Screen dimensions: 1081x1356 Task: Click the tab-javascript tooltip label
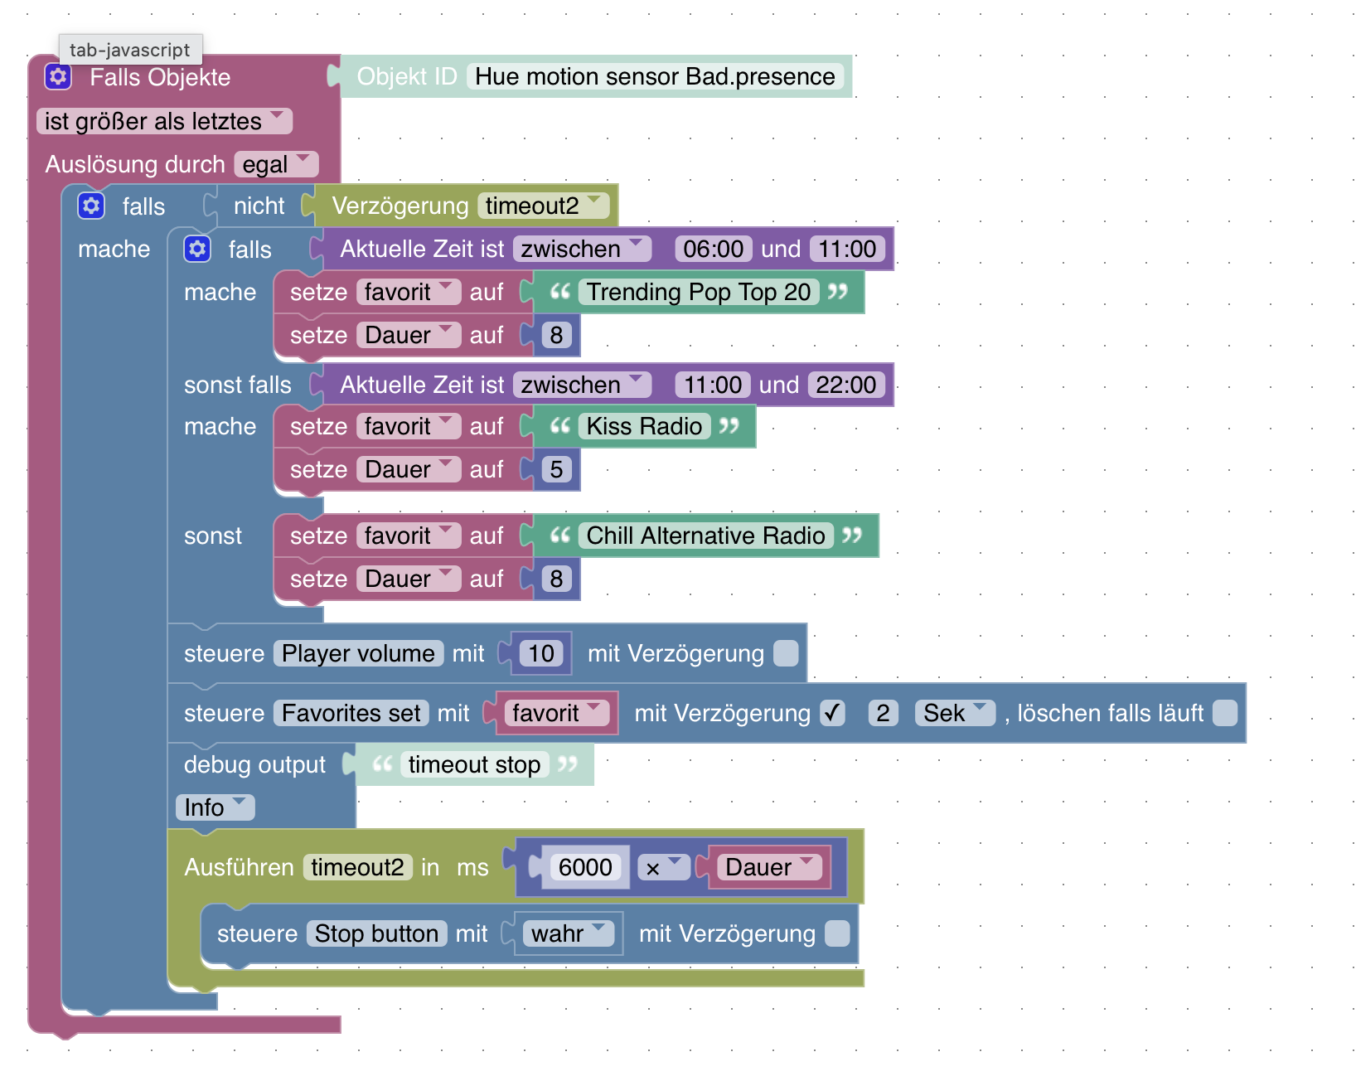click(130, 50)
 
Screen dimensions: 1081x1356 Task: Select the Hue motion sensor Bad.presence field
click(655, 76)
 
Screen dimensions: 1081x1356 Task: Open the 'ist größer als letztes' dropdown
click(164, 121)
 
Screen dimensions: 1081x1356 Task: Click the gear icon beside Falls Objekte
click(58, 77)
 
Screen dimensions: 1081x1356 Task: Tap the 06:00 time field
click(713, 249)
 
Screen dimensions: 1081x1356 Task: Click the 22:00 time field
click(845, 385)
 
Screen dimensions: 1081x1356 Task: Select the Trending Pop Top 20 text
click(698, 292)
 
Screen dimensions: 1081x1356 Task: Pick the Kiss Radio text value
click(644, 426)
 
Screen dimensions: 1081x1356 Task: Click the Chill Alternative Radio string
click(705, 536)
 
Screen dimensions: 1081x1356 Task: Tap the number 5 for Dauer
click(556, 469)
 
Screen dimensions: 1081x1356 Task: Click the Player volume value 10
click(541, 653)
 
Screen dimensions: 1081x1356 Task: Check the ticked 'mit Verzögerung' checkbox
click(832, 713)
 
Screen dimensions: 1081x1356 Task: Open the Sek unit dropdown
click(954, 713)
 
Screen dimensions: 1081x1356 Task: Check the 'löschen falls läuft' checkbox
click(1224, 713)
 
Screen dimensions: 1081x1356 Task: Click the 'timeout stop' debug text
click(474, 764)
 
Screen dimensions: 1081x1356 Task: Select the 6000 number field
click(585, 867)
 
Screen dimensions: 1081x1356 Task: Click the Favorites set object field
click(351, 713)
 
